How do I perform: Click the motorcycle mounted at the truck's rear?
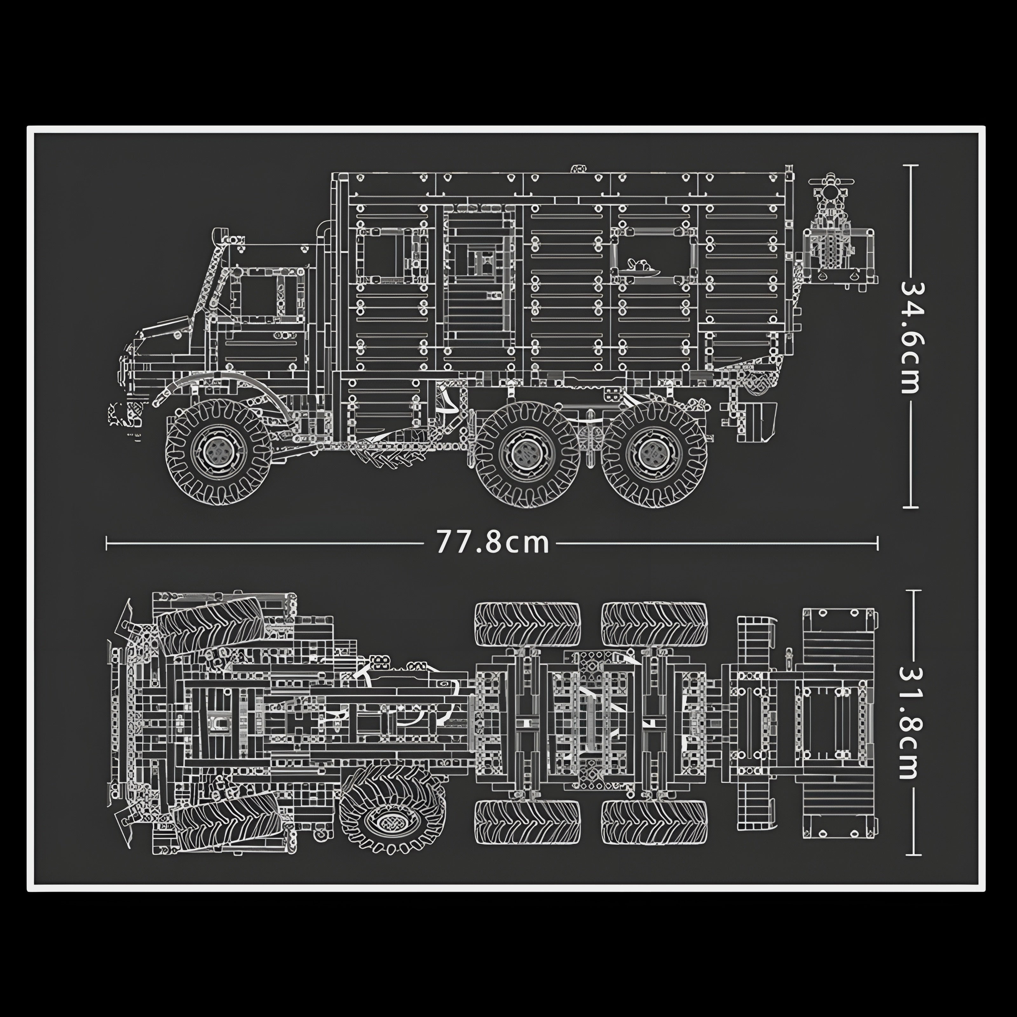(832, 232)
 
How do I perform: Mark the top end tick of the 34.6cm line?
(911, 165)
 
